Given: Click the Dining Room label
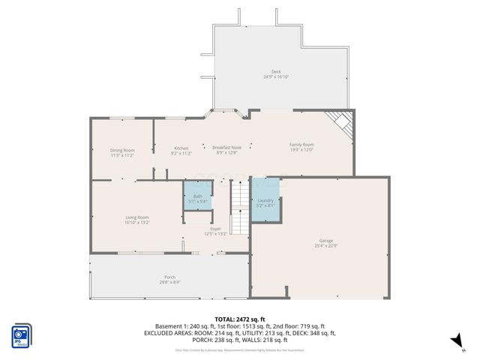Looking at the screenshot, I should [122, 150].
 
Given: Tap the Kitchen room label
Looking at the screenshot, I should [181, 148].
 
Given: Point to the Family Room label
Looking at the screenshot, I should [301, 144].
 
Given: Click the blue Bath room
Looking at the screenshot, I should [196, 196].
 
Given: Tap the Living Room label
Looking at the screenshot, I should [137, 217].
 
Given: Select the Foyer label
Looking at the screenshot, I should [215, 229].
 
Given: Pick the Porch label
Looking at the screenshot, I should [169, 277].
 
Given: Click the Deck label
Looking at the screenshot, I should [277, 71].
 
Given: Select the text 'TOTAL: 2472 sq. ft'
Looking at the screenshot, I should [239, 319].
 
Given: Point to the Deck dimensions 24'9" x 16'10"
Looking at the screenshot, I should [277, 76].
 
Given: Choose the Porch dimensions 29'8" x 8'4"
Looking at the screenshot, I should [169, 283].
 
